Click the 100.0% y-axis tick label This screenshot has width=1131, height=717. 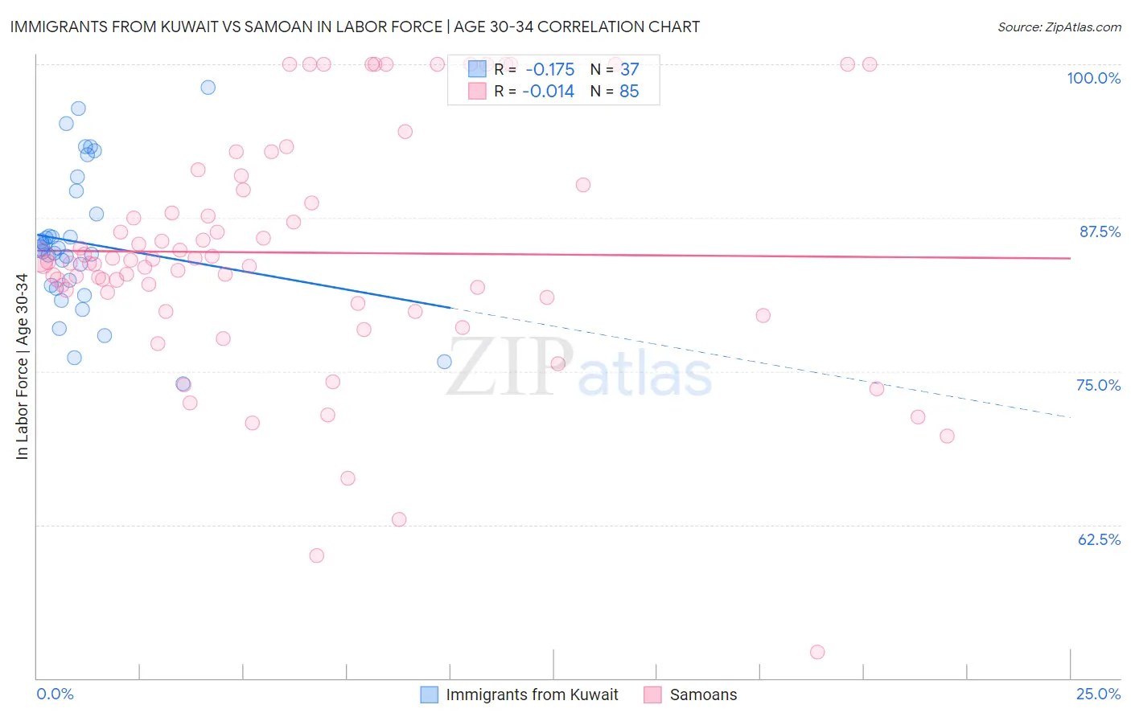[1093, 78]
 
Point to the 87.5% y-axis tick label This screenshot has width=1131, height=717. [1100, 231]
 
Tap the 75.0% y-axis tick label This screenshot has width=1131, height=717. [1098, 385]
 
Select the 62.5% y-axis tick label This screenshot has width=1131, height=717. [1099, 539]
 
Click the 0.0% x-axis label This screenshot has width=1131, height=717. [55, 694]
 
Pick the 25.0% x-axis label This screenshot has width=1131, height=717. [1098, 694]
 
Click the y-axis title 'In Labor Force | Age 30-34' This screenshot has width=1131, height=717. [22, 367]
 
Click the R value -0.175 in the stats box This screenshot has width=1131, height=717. [549, 70]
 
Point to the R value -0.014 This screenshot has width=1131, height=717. [548, 92]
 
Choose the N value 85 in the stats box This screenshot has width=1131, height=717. [629, 92]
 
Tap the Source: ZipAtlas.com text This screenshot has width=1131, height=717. [1059, 27]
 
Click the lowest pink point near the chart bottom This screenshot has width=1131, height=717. [817, 652]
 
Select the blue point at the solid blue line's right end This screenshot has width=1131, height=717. [444, 362]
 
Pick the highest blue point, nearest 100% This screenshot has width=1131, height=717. [208, 88]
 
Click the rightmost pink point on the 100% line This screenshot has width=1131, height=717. [870, 64]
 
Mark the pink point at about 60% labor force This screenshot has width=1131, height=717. [317, 555]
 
